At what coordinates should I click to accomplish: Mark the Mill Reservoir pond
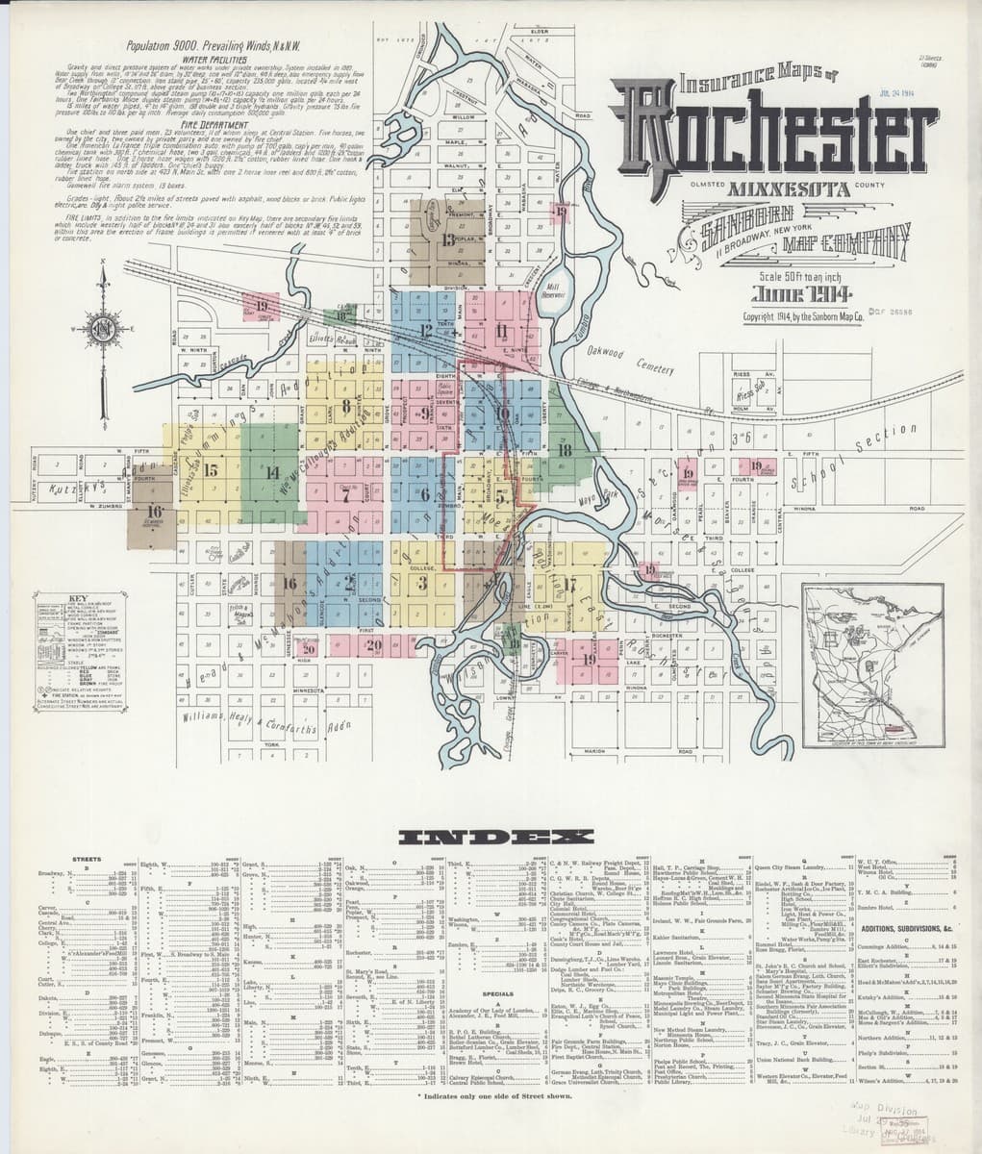[554, 289]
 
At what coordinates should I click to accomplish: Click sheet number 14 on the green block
[272, 472]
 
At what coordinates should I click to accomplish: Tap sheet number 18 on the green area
[566, 450]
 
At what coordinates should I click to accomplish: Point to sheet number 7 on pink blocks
[343, 496]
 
